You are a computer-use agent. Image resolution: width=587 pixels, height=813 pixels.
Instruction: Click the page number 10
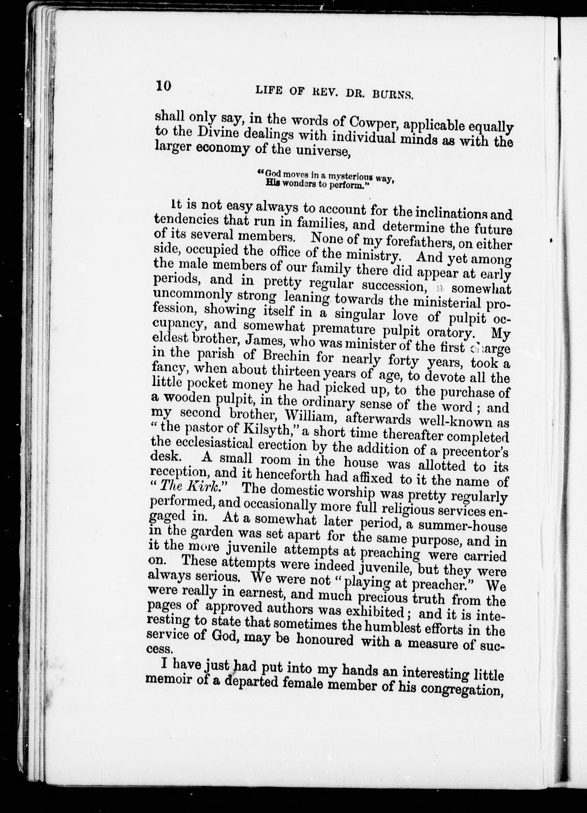[164, 87]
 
